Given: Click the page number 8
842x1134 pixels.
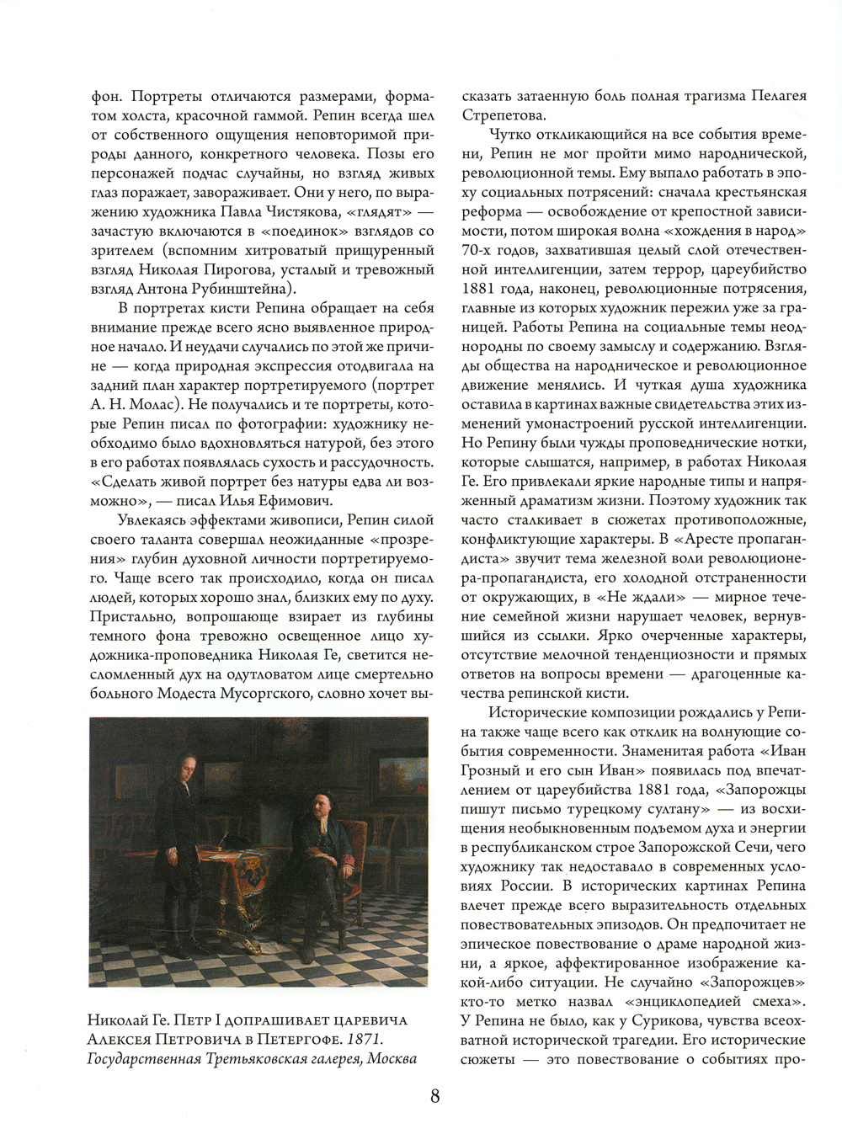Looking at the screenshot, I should (435, 1096).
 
